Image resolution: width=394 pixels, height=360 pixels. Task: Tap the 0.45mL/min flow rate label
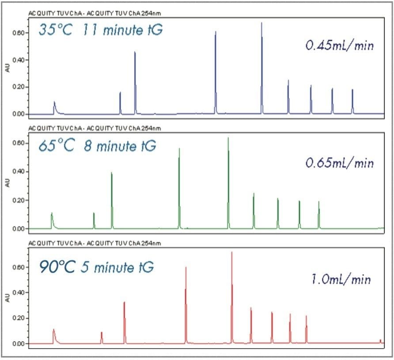click(x=340, y=45)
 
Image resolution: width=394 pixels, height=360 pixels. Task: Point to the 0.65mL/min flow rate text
click(x=340, y=163)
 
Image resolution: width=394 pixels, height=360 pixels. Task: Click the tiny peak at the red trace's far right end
click(x=380, y=341)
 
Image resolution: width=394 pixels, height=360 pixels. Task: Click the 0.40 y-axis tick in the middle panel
click(x=19, y=172)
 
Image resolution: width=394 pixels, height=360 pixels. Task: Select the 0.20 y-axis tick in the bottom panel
click(x=19, y=318)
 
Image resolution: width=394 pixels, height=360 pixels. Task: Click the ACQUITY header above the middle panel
click(x=94, y=129)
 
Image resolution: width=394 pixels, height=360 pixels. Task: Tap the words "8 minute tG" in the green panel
click(x=120, y=146)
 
